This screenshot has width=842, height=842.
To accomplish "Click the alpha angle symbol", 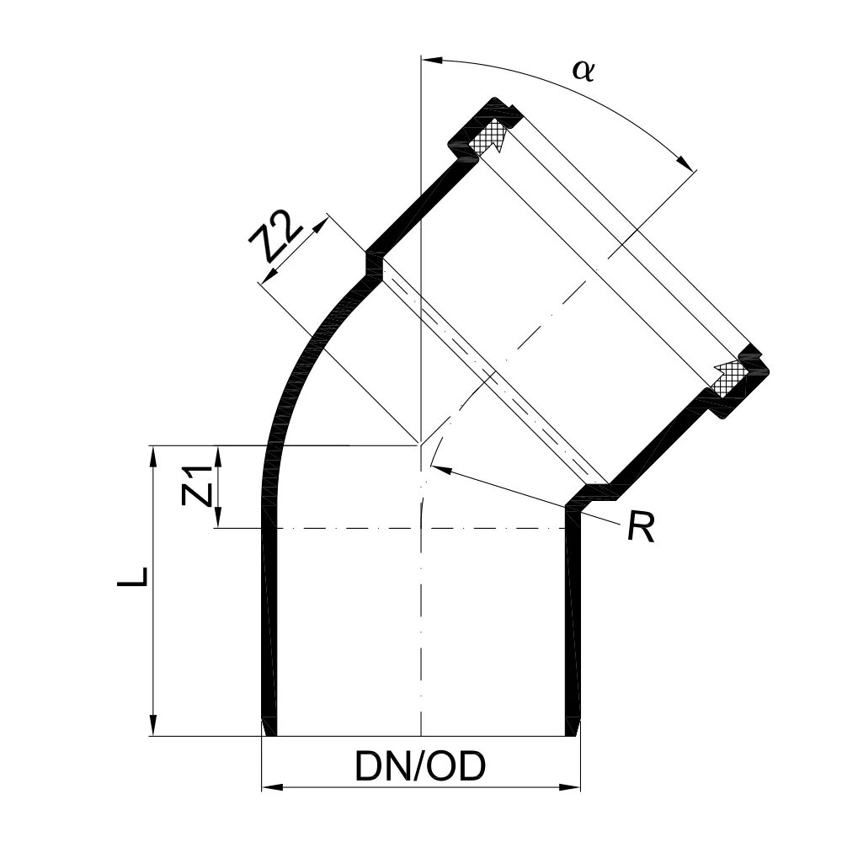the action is tap(583, 71).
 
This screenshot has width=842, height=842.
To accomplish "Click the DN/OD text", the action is tap(420, 767).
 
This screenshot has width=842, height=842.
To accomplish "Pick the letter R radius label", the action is tap(641, 528).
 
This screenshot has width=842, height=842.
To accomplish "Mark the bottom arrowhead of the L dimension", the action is tap(153, 726).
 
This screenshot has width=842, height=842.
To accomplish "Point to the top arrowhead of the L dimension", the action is tap(153, 456).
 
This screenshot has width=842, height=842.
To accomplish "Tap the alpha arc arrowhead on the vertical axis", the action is tap(430, 60).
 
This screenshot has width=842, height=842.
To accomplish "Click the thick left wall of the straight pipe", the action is tap(268, 623).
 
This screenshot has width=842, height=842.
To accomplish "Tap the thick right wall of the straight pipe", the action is tap(573, 623).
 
